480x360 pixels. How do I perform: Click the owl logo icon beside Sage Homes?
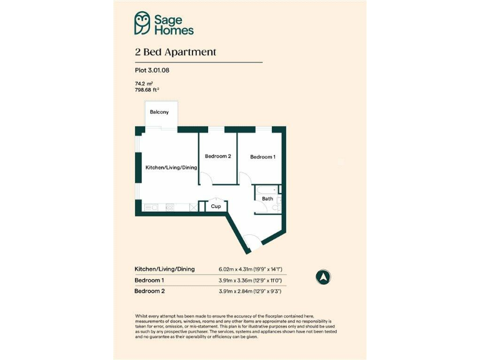[x=142, y=23]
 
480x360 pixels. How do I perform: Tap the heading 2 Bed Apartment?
[x=175, y=52]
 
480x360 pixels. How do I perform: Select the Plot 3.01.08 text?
[x=152, y=71]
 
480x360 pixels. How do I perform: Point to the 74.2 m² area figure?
[x=144, y=83]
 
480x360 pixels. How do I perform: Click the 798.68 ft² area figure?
[x=151, y=89]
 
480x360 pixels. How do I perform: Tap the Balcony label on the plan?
[x=159, y=112]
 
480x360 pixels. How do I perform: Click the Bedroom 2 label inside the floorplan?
[x=218, y=156]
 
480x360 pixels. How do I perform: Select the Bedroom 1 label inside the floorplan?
[x=262, y=157]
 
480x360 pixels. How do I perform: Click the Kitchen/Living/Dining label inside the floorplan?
[x=171, y=168]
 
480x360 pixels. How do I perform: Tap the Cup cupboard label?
[x=216, y=206]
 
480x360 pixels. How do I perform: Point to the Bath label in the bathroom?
[x=267, y=199]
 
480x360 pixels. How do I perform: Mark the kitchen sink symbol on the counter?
[x=151, y=207]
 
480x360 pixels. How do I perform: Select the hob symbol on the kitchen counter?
[x=170, y=207]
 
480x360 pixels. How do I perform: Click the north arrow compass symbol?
[x=324, y=276]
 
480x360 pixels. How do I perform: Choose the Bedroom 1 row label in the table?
[x=149, y=281]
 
